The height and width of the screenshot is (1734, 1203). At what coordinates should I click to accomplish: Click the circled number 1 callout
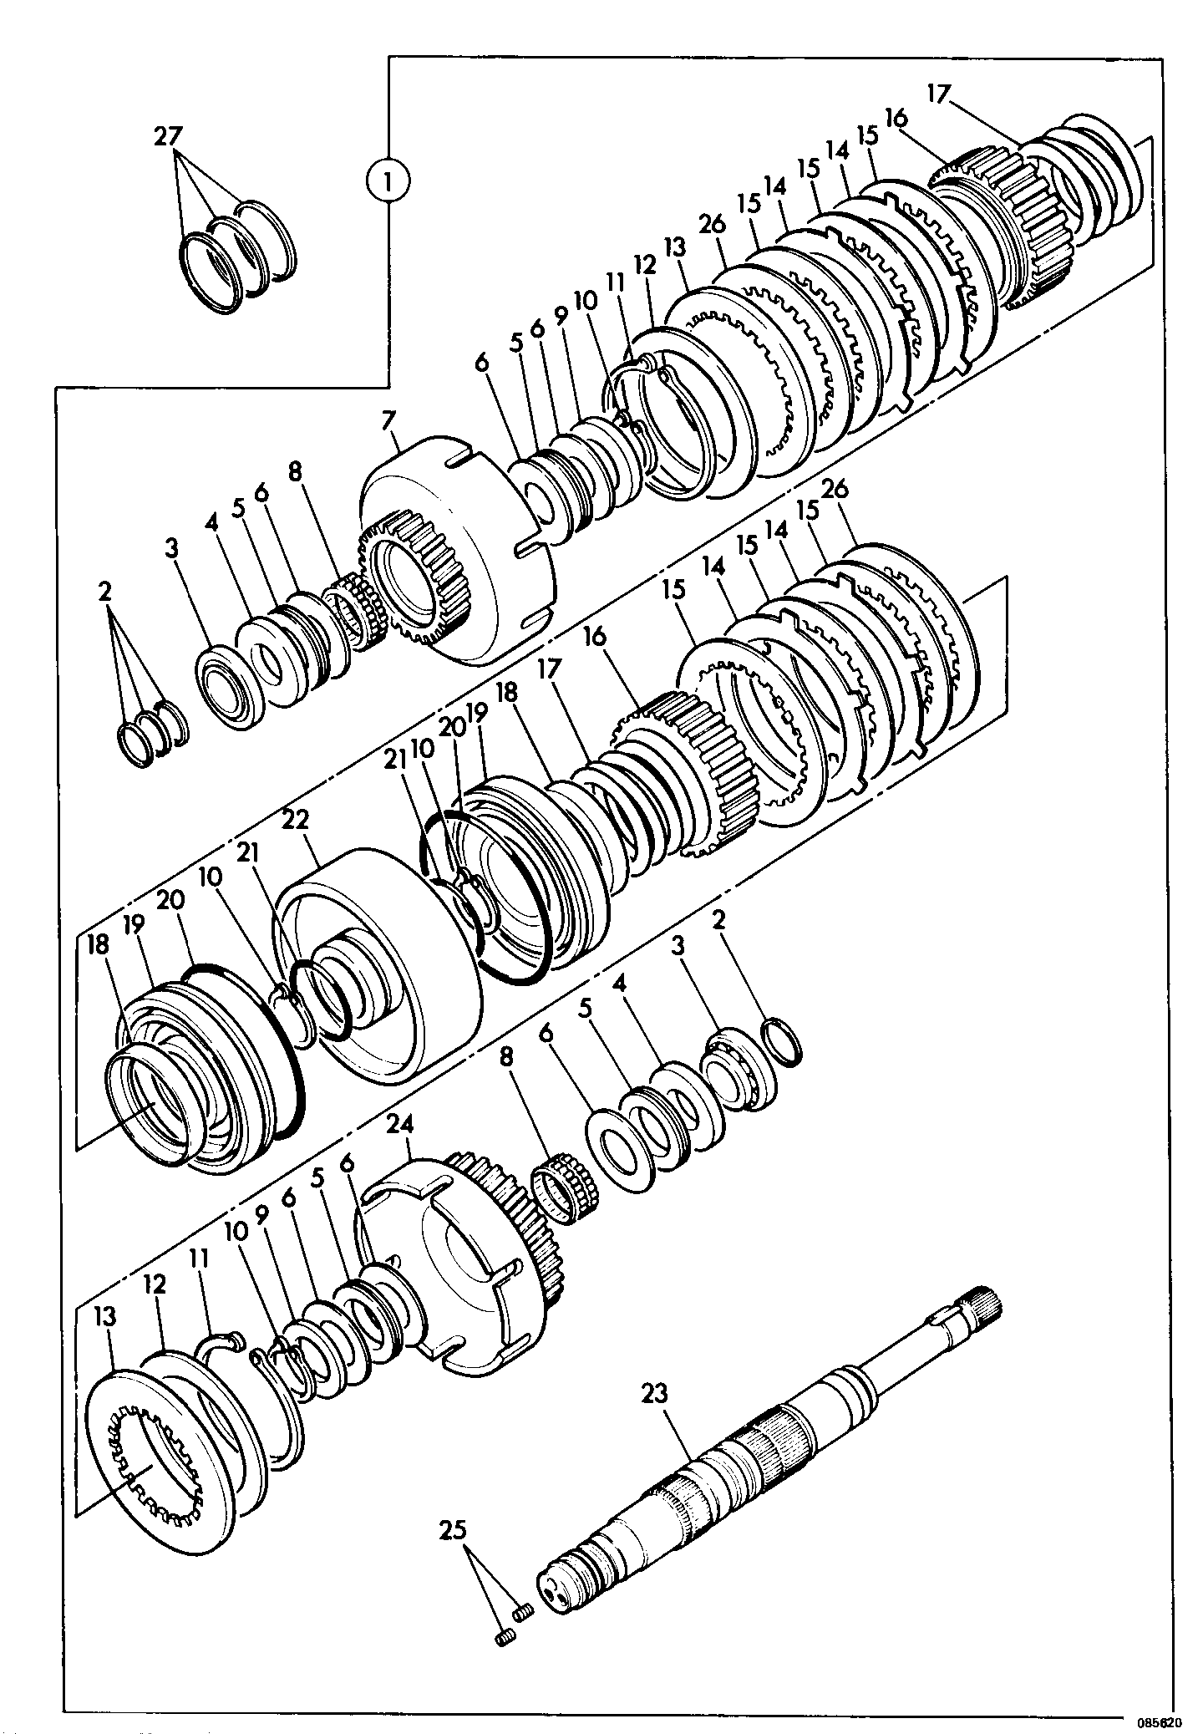click(x=388, y=179)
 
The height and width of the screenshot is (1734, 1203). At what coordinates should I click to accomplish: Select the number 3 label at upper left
click(x=171, y=549)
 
